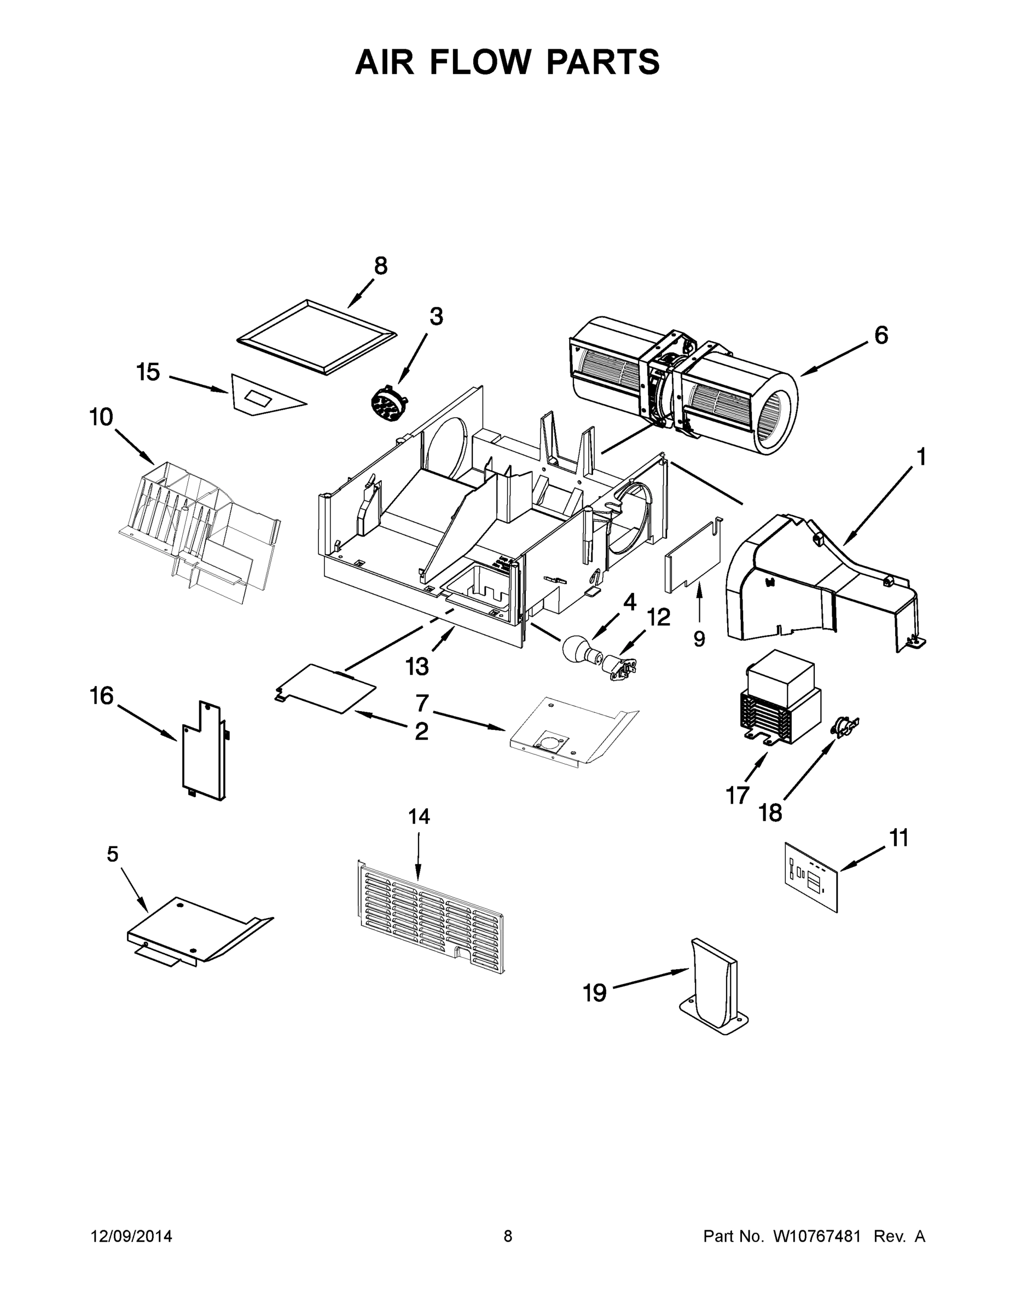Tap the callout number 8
381,266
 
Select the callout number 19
595,993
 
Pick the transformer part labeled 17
779,698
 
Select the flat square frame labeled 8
317,337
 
